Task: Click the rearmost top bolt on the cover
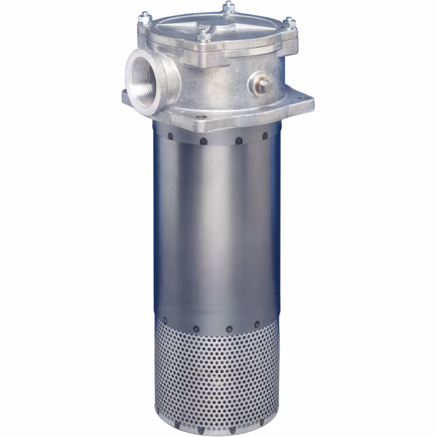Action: click(228, 7)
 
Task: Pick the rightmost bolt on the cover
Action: click(289, 23)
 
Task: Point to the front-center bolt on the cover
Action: click(201, 35)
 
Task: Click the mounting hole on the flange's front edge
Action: click(202, 117)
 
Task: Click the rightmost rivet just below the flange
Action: click(265, 136)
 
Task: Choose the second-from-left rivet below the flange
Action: click(203, 141)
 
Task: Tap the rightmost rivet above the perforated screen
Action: click(257, 324)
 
